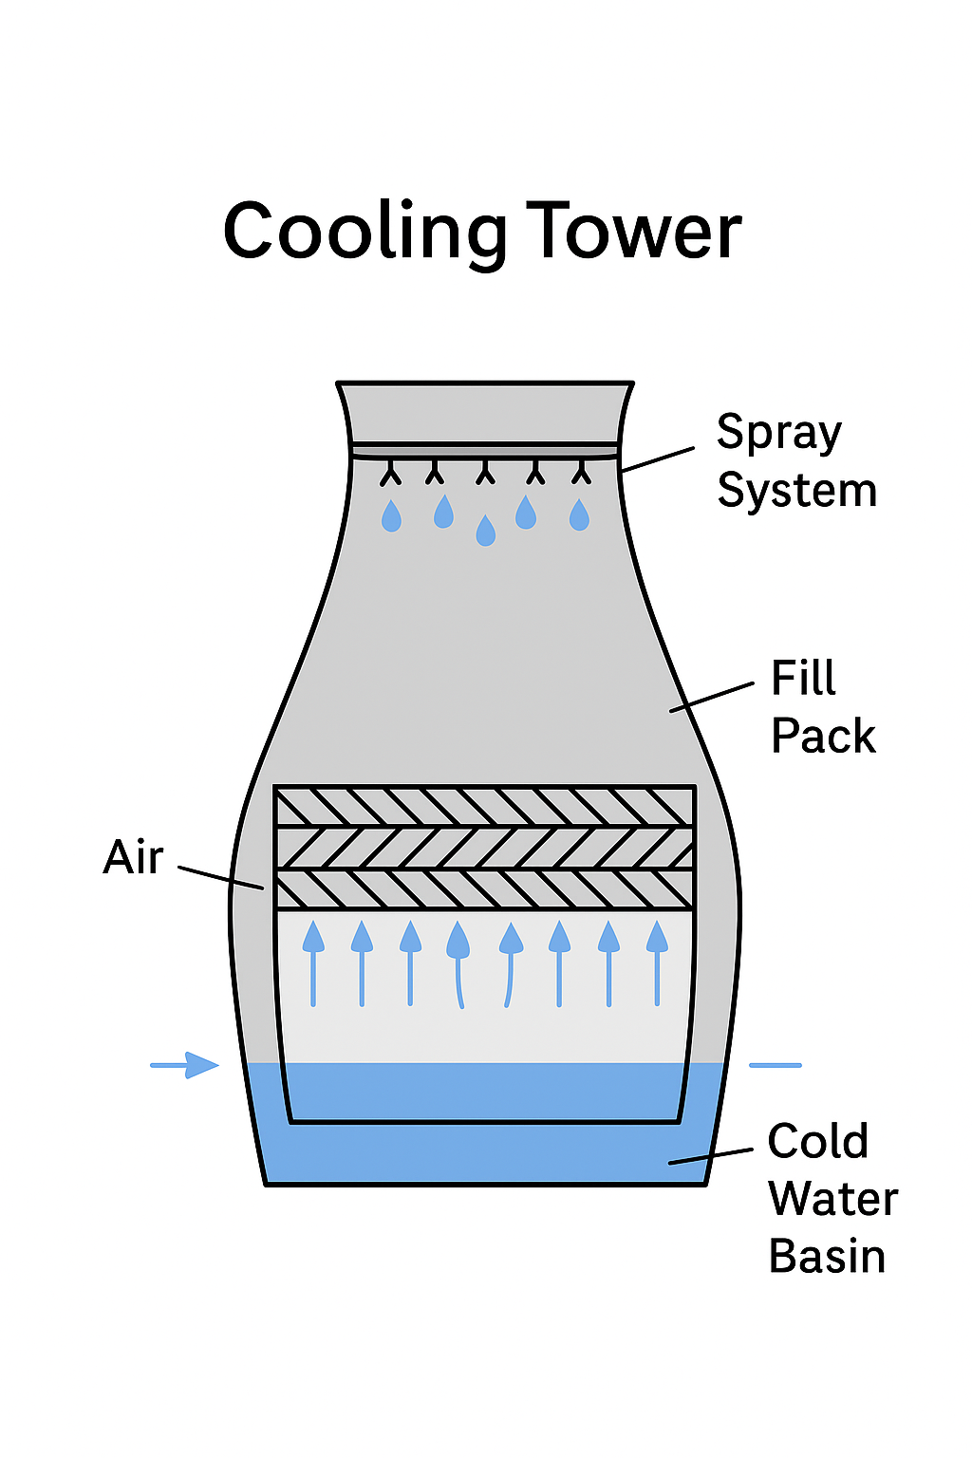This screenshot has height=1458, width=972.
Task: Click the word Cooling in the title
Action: (x=364, y=233)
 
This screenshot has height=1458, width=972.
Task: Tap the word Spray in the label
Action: (x=778, y=434)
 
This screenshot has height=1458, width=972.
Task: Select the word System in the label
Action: (x=796, y=491)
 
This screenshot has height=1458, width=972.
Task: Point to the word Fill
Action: (x=803, y=679)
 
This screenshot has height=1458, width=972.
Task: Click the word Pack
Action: (x=823, y=736)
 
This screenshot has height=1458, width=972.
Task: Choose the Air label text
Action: (x=133, y=857)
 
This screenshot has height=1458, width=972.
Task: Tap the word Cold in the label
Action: (x=817, y=1141)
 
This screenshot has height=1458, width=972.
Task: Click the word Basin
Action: (x=827, y=1256)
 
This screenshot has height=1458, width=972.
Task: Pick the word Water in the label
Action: (x=832, y=1198)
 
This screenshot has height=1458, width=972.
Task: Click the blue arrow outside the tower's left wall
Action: (x=186, y=1065)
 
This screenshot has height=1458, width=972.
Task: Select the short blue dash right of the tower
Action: (x=775, y=1065)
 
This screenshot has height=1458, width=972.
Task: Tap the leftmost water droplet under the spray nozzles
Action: (x=391, y=516)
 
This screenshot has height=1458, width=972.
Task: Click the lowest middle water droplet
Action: (x=485, y=531)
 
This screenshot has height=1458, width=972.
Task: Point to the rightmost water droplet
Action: (x=579, y=515)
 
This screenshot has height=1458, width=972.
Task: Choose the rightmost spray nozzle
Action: (x=581, y=472)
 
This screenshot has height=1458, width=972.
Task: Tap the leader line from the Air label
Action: (x=220, y=878)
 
